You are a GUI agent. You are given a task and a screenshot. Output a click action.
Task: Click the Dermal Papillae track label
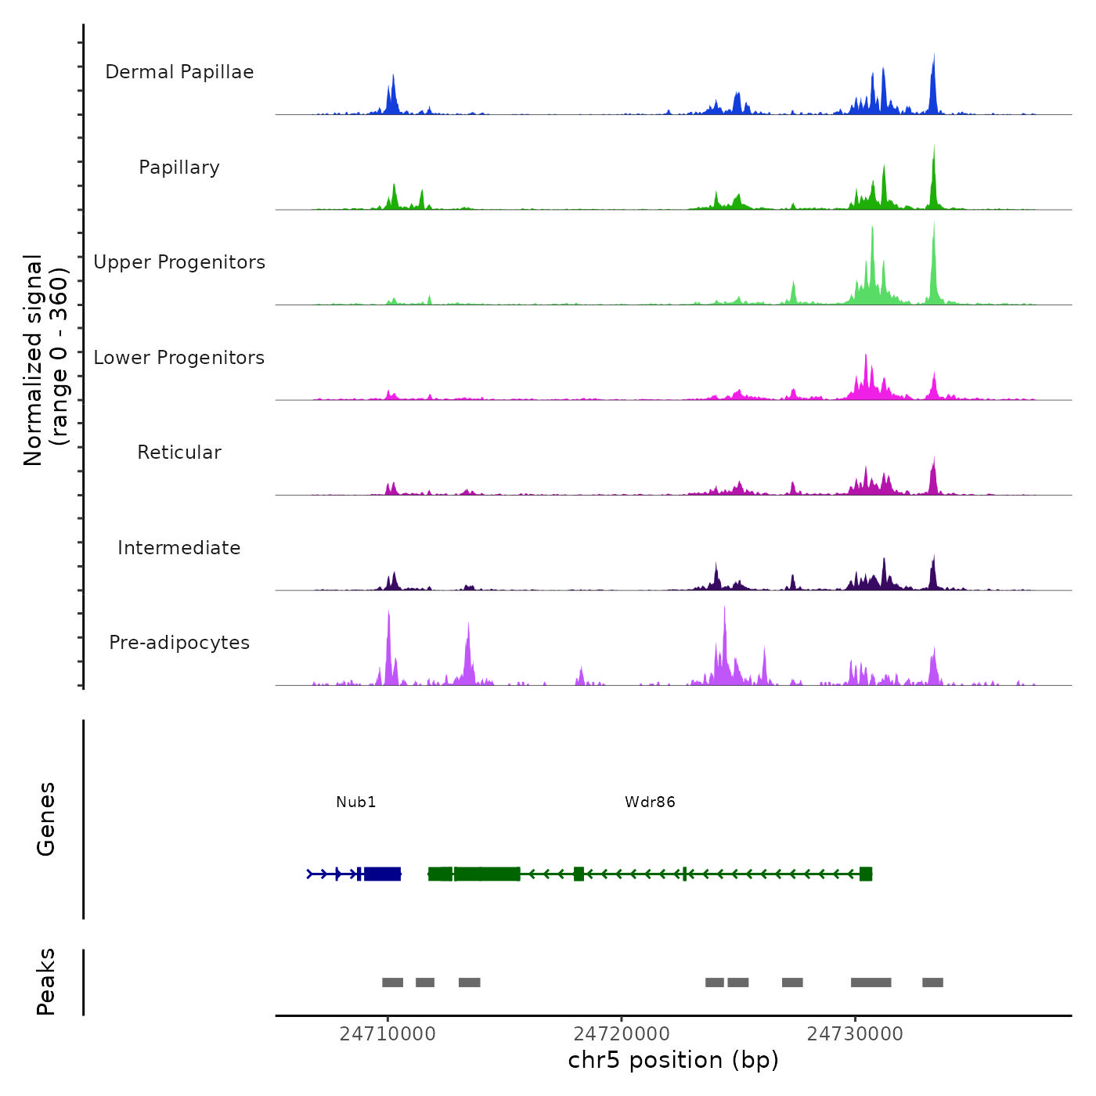[179, 72]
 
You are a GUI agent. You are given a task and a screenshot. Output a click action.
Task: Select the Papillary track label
[179, 168]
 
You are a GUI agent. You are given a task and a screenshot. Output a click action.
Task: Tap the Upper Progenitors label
[179, 262]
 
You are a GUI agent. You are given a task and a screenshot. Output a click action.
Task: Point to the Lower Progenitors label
[179, 358]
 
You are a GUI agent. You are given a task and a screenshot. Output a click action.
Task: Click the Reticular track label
[179, 452]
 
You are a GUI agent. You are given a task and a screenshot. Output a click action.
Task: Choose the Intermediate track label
[179, 548]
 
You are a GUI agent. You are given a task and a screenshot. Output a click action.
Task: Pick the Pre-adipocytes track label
[179, 643]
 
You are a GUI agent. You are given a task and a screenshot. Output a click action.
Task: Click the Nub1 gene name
[356, 802]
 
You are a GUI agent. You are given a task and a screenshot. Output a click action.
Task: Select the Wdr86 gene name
[650, 802]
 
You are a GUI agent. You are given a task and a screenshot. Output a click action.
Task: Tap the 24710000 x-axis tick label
[388, 1034]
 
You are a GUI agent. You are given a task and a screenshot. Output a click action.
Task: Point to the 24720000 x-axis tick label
[622, 1034]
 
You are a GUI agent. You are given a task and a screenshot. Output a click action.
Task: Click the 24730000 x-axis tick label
[855, 1034]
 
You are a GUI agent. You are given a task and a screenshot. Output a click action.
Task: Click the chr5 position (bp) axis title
[673, 1060]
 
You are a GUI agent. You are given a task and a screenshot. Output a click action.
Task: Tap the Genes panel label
[46, 819]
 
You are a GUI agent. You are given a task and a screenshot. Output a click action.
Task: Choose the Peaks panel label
[46, 982]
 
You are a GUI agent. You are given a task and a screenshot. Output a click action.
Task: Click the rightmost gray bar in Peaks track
[932, 982]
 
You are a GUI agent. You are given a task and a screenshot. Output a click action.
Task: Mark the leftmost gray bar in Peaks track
[392, 982]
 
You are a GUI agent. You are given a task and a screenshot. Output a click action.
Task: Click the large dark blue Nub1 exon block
[383, 874]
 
